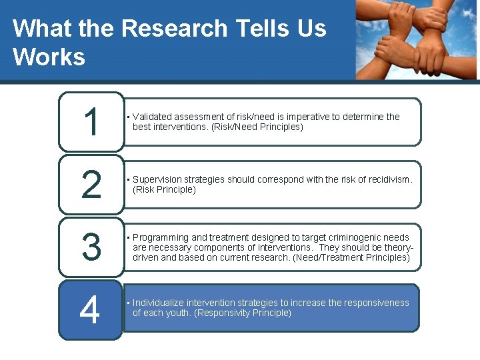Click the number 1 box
91,121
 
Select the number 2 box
91,184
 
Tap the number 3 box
91,247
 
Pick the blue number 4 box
90,309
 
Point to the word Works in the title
49,57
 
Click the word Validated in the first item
153,117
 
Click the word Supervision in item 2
157,179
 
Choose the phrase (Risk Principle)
164,189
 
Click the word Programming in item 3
161,237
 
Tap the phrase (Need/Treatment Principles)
351,257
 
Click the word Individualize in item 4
158,303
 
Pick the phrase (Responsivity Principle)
243,313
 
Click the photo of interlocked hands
416,40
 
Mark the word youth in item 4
179,313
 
